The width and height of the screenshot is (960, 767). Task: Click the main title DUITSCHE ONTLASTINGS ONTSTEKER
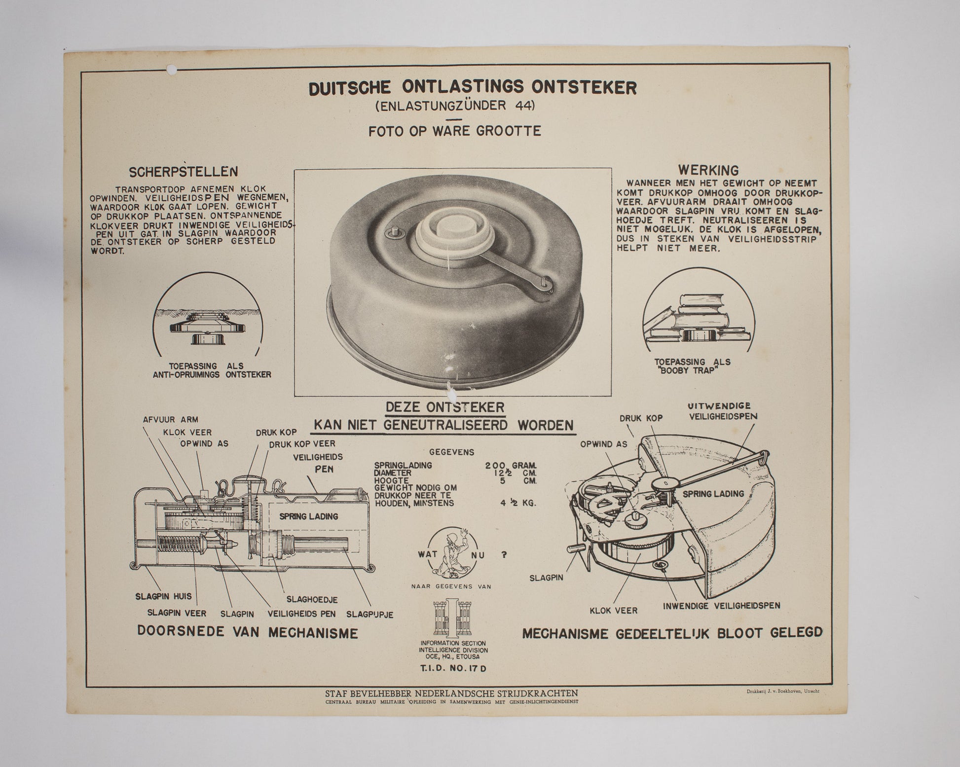click(x=472, y=87)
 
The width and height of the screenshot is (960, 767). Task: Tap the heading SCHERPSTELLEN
click(x=184, y=172)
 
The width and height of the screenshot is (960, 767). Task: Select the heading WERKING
click(x=708, y=170)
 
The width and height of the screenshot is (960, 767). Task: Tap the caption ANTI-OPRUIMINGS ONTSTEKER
click(x=212, y=375)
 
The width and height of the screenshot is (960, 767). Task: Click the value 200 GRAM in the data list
click(x=511, y=465)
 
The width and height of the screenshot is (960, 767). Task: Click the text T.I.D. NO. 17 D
click(x=452, y=669)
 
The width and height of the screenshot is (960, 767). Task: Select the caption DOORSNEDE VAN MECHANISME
click(x=247, y=633)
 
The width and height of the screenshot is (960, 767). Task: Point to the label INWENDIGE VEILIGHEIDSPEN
click(x=721, y=605)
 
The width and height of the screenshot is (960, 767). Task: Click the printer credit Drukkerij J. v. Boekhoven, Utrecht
click(x=782, y=692)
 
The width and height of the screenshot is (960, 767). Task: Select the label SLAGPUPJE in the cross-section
click(x=369, y=615)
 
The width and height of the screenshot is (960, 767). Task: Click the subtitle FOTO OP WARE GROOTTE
click(x=454, y=131)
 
